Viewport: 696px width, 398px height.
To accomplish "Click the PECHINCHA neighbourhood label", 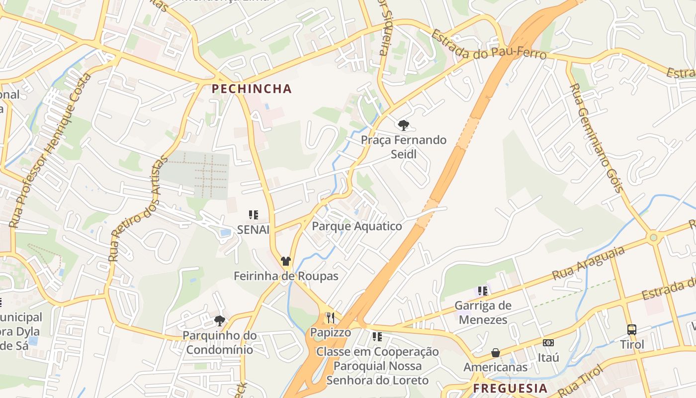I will pyautogui.click(x=251, y=89).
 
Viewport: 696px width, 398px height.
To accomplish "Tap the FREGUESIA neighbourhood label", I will pyautogui.click(x=510, y=388).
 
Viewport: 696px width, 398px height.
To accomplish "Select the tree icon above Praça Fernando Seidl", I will pyautogui.click(x=403, y=125).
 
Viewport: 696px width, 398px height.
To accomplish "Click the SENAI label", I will pyautogui.click(x=253, y=229).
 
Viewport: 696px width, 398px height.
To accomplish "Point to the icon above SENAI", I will pyautogui.click(x=254, y=215).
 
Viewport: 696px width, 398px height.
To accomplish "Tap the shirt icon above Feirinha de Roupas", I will pyautogui.click(x=285, y=261).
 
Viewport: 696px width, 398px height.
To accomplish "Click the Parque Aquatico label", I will pyautogui.click(x=356, y=226).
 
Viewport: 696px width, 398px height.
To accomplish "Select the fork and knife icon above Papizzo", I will pyautogui.click(x=330, y=317).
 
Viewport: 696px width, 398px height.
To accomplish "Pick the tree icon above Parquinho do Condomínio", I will pyautogui.click(x=219, y=320).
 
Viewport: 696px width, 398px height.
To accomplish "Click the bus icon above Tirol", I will pyautogui.click(x=631, y=329).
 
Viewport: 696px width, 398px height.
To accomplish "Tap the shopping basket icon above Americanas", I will pyautogui.click(x=495, y=353).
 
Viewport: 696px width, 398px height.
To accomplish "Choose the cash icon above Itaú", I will pyautogui.click(x=548, y=342).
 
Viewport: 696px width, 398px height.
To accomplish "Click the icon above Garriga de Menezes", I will pyautogui.click(x=482, y=291).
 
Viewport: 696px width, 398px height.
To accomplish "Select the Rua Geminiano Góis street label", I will pyautogui.click(x=596, y=137).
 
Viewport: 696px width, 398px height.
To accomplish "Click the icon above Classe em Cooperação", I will pyautogui.click(x=377, y=337).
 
